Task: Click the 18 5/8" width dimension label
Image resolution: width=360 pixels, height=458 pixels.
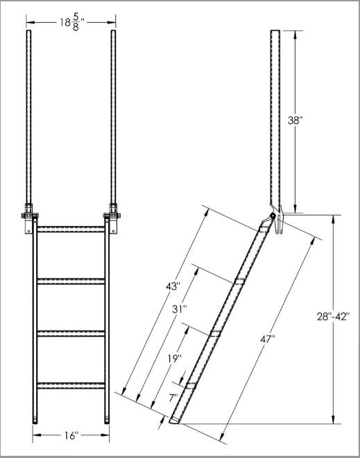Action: (x=71, y=22)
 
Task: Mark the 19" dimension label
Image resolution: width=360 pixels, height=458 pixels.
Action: (x=173, y=358)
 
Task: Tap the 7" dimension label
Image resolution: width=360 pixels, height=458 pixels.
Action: (x=173, y=397)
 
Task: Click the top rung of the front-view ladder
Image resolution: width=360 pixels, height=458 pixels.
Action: (x=70, y=229)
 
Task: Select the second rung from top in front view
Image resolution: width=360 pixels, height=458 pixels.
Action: (x=70, y=281)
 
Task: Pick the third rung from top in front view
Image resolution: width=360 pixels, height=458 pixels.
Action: (x=70, y=333)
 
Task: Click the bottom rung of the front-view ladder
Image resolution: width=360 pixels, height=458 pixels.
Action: (x=70, y=385)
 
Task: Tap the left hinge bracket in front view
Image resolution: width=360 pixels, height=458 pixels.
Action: (x=28, y=217)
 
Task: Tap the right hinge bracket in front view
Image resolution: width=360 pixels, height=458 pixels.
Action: (x=112, y=217)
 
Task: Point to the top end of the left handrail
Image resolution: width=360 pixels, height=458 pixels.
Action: (x=28, y=32)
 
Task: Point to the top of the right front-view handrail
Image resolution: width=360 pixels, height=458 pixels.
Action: (x=112, y=32)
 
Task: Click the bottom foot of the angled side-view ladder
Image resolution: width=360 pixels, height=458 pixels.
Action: (x=176, y=419)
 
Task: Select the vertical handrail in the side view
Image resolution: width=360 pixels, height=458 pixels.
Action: (x=275, y=118)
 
